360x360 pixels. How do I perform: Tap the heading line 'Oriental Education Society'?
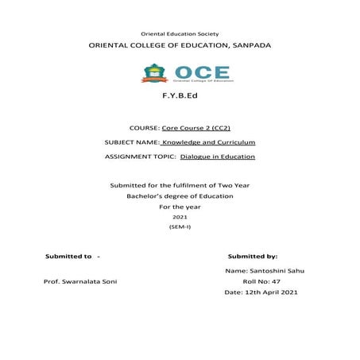[x=180, y=33]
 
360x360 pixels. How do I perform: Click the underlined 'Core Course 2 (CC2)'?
[x=196, y=128]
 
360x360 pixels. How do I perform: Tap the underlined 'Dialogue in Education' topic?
[x=218, y=157]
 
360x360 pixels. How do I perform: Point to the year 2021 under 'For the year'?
[x=180, y=217]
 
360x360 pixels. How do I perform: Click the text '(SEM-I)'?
[x=180, y=227]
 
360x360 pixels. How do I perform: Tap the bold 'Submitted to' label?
[x=68, y=257]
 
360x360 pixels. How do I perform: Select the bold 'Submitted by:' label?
[x=252, y=257]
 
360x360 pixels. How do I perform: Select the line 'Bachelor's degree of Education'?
[x=180, y=195]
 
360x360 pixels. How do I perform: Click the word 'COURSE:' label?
[x=143, y=128]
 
